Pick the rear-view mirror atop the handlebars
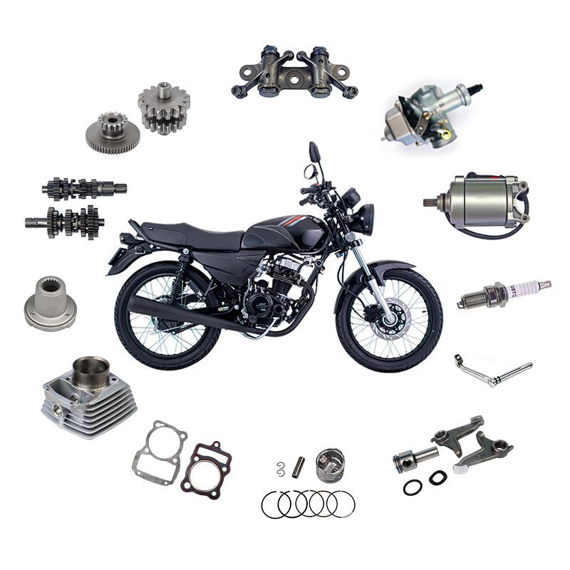314,152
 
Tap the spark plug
503,293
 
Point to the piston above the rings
330,466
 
